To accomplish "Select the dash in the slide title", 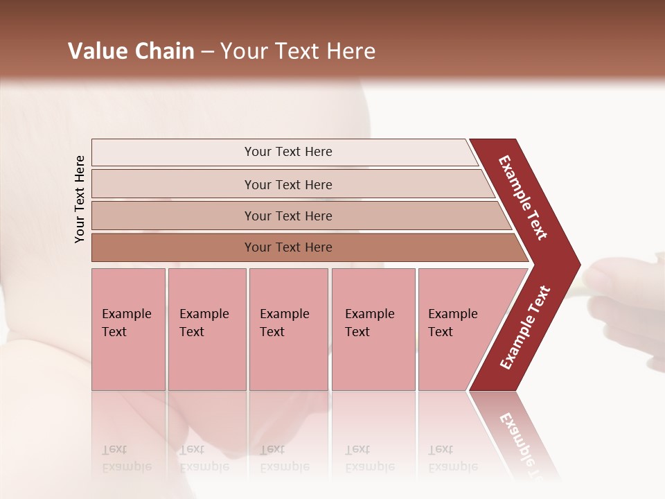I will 207,52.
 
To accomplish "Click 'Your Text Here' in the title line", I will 298,51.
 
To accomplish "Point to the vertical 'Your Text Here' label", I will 80,200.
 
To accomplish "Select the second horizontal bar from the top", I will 287,184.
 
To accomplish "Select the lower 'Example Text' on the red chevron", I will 525,328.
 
